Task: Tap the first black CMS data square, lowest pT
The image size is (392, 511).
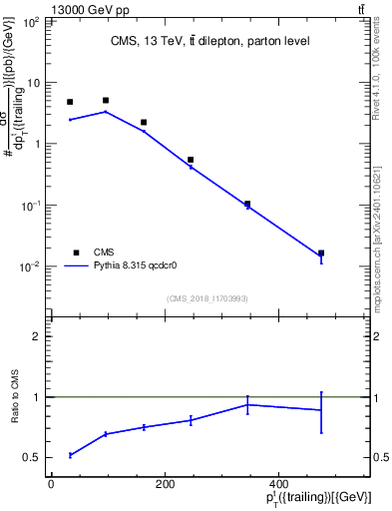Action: click(x=70, y=102)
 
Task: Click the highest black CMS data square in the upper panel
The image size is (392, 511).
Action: click(x=106, y=100)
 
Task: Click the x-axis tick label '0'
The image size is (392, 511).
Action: click(x=51, y=486)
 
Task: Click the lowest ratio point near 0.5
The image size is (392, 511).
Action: click(x=70, y=455)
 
